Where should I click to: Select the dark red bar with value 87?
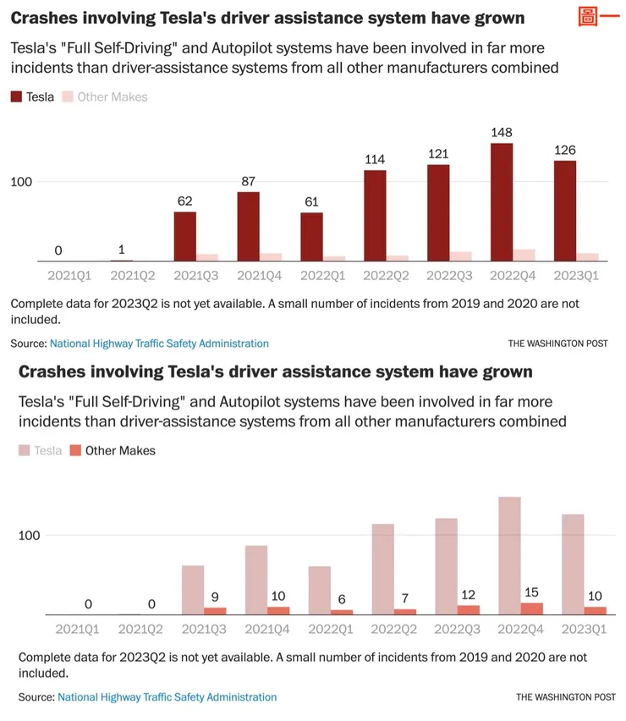tap(248, 227)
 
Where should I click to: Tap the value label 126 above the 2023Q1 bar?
tap(564, 151)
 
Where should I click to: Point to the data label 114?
tap(375, 160)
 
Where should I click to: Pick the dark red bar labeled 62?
tap(184, 237)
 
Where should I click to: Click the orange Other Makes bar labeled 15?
tap(531, 608)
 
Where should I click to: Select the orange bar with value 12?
tap(468, 609)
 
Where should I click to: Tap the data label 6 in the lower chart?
tap(341, 597)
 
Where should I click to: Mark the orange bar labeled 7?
tap(404, 611)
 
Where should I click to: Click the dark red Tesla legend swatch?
tap(17, 97)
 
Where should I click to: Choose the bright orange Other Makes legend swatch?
tap(75, 451)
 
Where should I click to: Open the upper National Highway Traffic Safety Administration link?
tap(159, 344)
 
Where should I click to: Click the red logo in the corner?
tap(593, 17)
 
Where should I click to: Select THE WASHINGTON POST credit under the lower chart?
tap(565, 696)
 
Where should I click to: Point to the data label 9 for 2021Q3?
tap(214, 597)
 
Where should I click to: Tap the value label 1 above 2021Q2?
tap(122, 250)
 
